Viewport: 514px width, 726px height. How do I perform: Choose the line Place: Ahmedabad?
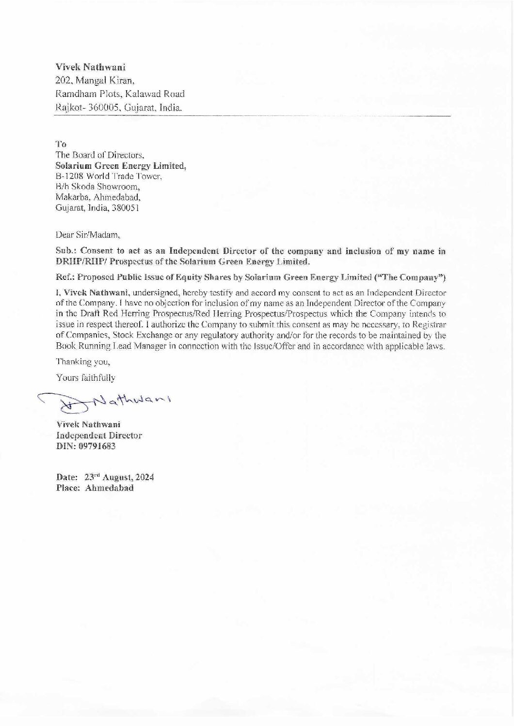[x=95, y=488]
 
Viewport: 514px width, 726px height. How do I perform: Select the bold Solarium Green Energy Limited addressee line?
[x=121, y=166]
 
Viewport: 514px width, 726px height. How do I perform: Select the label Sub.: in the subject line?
[x=65, y=251]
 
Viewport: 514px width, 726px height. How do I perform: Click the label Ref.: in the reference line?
[x=65, y=278]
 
